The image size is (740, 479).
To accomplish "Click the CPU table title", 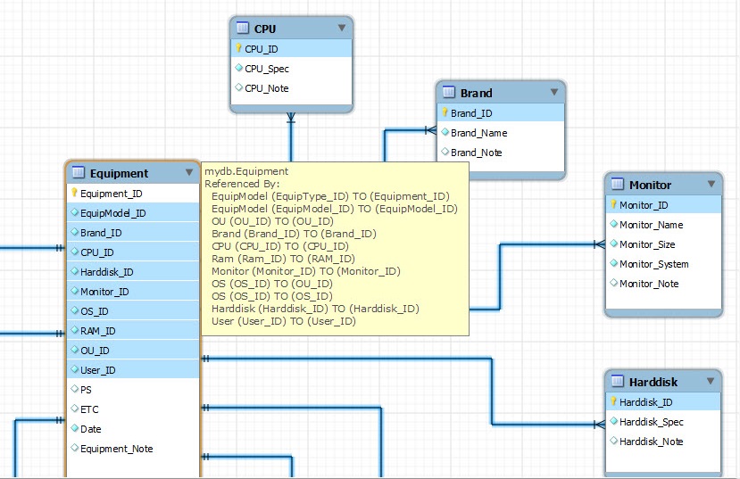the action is (x=265, y=29).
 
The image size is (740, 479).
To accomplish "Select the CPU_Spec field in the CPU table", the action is (x=267, y=69).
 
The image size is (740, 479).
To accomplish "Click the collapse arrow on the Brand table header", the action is (x=554, y=92).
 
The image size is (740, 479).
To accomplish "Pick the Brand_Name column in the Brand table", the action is (x=478, y=133).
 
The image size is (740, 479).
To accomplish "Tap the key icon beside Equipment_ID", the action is (x=74, y=193).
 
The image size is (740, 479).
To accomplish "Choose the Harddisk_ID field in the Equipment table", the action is (x=106, y=272).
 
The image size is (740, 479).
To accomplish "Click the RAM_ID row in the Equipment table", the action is (x=97, y=331).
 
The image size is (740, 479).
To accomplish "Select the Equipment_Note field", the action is (x=117, y=449).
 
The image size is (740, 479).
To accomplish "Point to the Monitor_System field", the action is (x=653, y=264).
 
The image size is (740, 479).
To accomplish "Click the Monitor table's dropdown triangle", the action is (x=711, y=184).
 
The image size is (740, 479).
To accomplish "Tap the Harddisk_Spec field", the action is (x=652, y=422).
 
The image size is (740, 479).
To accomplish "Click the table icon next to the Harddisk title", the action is (x=618, y=381).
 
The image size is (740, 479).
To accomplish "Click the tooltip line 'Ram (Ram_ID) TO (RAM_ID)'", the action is (x=283, y=259).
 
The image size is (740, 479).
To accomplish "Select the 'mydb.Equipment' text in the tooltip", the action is (x=246, y=171).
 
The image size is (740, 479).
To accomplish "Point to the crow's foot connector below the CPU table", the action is (x=291, y=118).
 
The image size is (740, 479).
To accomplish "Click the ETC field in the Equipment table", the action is (x=89, y=409).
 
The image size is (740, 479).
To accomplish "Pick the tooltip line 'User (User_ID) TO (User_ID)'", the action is (x=284, y=321).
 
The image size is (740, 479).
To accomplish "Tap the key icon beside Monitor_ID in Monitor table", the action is (x=613, y=204).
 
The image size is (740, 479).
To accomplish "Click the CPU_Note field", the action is (x=267, y=88).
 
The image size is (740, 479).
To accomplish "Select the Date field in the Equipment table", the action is (x=91, y=429).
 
